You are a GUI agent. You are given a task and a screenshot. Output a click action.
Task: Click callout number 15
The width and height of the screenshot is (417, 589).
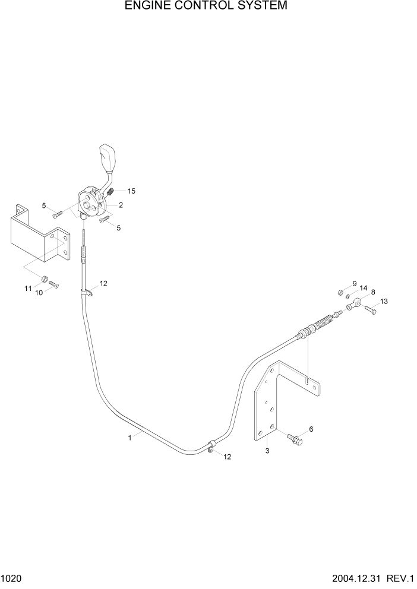tap(131, 191)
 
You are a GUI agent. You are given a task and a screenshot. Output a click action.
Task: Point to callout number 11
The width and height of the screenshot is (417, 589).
tap(27, 288)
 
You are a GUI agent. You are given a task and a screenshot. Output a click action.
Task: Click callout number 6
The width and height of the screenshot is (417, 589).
tap(311, 429)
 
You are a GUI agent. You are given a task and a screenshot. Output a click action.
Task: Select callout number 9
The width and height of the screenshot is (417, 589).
tap(355, 283)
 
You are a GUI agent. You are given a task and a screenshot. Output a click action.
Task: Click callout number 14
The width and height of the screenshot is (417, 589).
tap(364, 288)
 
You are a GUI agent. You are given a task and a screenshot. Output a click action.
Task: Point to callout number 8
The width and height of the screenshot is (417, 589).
tap(373, 292)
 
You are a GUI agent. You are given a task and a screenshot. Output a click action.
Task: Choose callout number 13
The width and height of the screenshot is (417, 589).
tap(384, 302)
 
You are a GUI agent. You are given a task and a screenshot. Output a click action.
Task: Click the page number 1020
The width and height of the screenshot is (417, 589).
tap(12, 578)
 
